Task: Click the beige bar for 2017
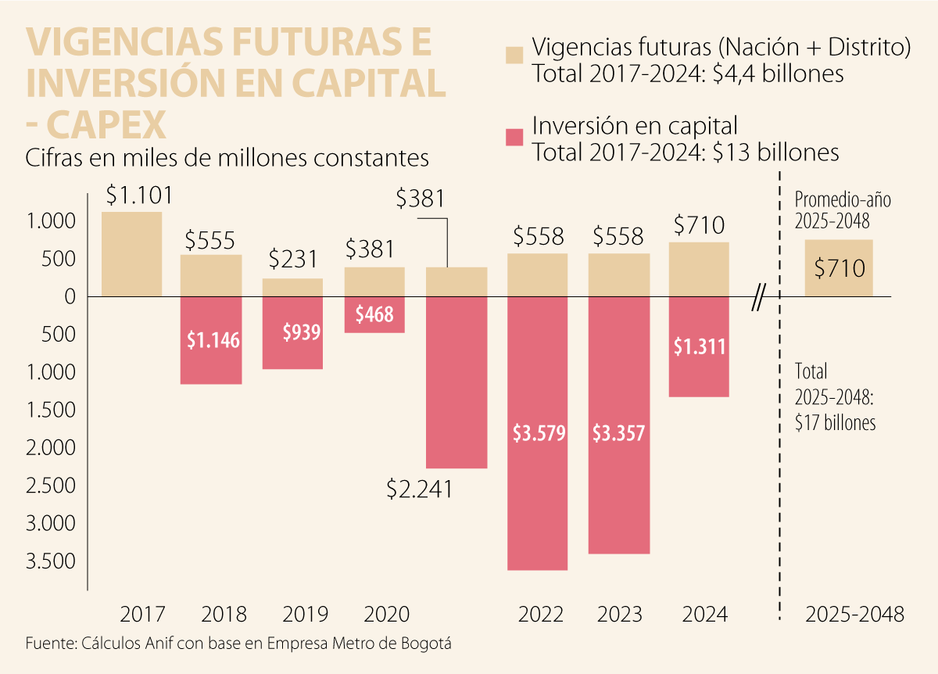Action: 131,254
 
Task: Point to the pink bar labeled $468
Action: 374,314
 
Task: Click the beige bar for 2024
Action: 699,270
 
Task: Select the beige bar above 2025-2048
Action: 839,268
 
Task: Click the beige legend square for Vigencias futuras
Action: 514,55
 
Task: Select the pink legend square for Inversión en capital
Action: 514,138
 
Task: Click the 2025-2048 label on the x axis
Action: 854,615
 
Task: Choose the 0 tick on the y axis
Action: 70,297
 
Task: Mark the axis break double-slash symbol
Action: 757,299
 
